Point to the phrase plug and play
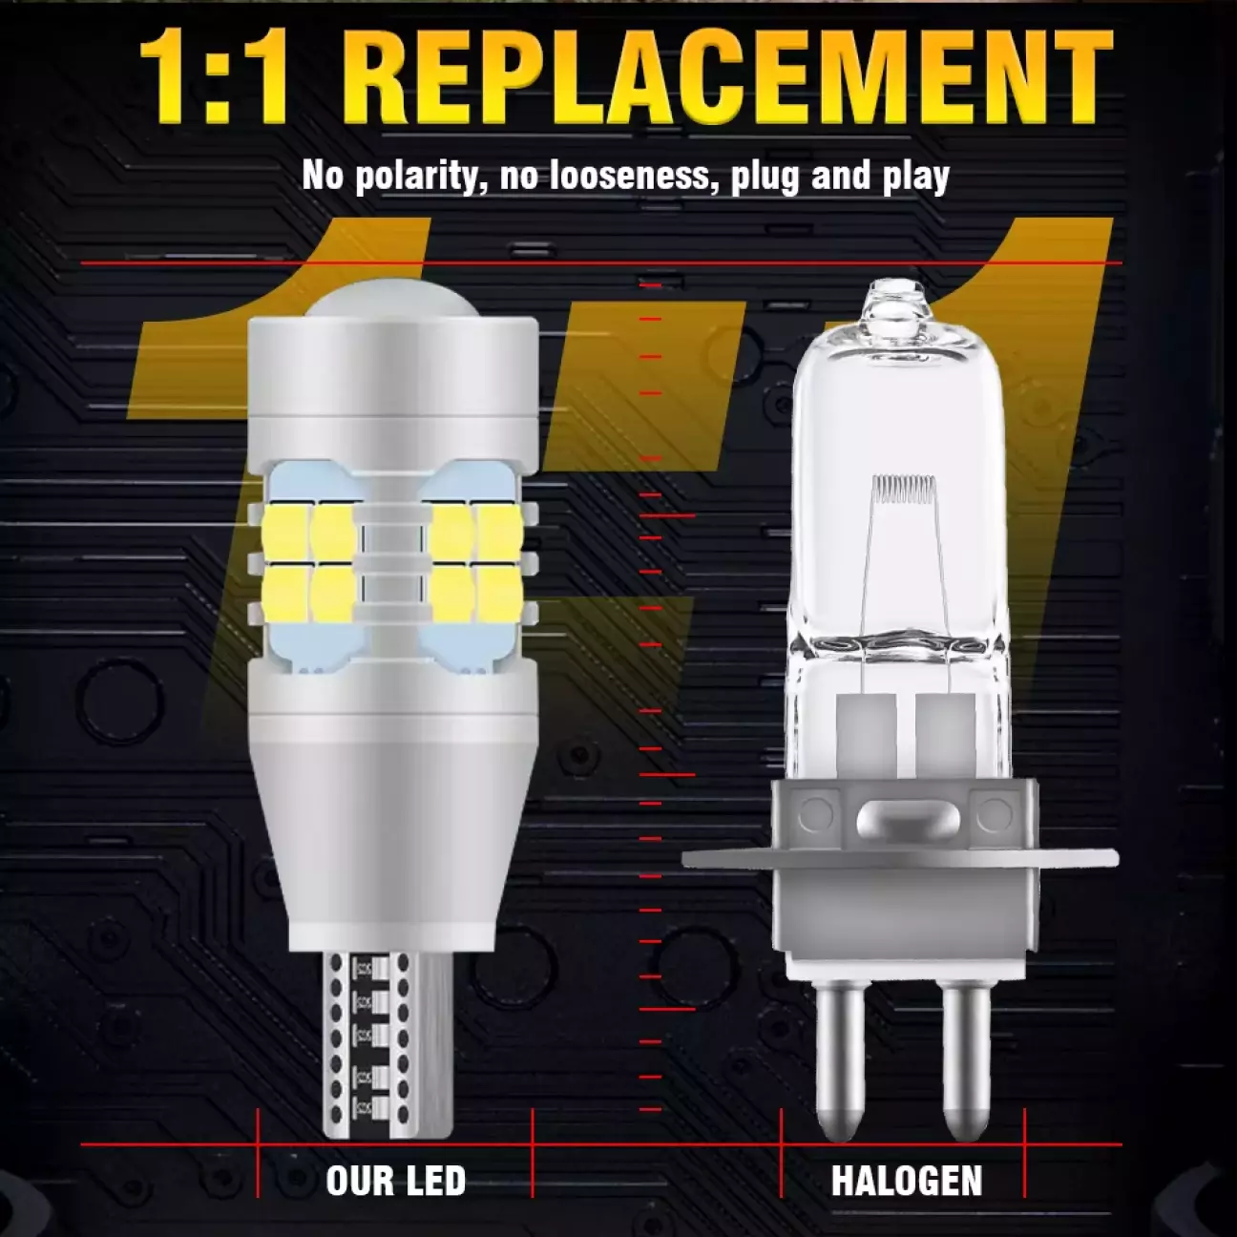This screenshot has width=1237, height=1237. click(873, 176)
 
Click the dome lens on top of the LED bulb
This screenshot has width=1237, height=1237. click(393, 300)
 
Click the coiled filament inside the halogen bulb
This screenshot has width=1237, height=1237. click(903, 487)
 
